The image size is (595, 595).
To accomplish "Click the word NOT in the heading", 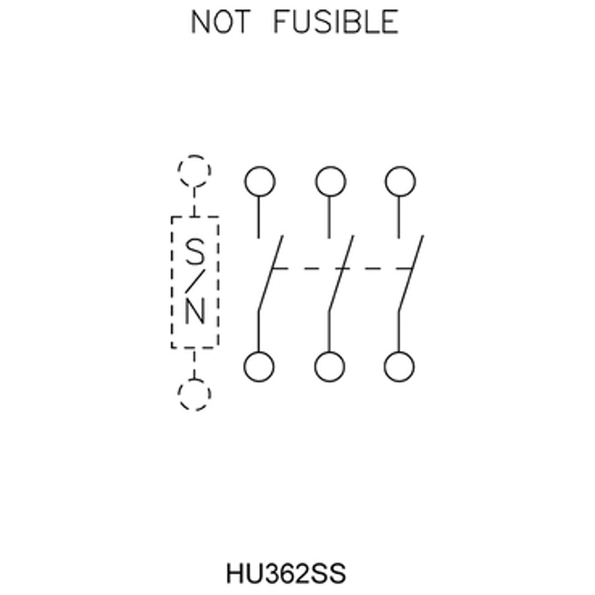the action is [x=221, y=21].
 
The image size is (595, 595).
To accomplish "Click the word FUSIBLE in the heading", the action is [x=336, y=21].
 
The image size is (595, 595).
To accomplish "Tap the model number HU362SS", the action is [x=286, y=573].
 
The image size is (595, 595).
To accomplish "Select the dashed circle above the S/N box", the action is [x=194, y=171].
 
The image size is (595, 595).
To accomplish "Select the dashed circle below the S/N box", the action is [x=194, y=394].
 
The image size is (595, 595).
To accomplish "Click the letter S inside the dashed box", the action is [x=195, y=252].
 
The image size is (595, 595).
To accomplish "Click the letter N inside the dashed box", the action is [x=195, y=312].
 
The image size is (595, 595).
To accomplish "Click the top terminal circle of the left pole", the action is [x=260, y=181].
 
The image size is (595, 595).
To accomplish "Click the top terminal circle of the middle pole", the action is [x=330, y=181].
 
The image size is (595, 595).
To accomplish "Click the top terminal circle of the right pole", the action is [x=401, y=181].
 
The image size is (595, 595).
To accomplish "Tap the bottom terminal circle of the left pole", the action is [x=259, y=367].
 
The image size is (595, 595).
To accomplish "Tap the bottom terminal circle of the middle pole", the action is [x=329, y=367].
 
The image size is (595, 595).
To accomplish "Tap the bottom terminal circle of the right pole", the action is [x=399, y=367].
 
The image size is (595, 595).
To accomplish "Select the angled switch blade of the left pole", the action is [x=271, y=273].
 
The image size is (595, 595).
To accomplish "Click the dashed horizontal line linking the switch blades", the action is [x=343, y=268].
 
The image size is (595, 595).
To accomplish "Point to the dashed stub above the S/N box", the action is [x=194, y=202].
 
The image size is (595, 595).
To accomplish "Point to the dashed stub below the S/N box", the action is [x=194, y=363].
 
